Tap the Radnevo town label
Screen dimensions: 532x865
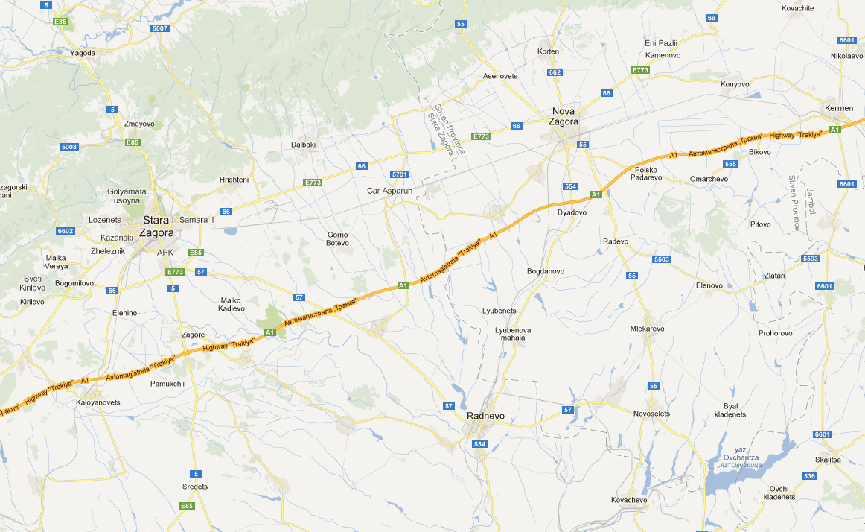click(x=486, y=415)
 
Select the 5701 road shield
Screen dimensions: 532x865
click(x=400, y=174)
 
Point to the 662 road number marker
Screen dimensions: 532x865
click(x=555, y=72)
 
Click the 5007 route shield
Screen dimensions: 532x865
click(x=159, y=28)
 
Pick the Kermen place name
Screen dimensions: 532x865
click(x=839, y=109)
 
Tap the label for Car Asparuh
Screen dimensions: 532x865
click(x=389, y=191)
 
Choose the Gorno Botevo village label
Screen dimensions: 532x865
click(x=337, y=239)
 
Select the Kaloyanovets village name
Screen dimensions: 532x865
click(x=98, y=402)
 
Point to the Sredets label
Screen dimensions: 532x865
click(x=195, y=487)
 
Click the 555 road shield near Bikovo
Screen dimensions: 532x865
click(x=730, y=164)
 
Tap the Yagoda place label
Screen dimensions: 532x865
click(x=83, y=53)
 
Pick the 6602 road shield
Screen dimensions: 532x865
click(x=66, y=231)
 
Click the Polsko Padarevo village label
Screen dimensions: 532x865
click(x=645, y=174)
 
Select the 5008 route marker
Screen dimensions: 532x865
click(x=69, y=147)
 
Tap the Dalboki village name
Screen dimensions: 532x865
click(x=303, y=145)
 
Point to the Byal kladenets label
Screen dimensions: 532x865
click(x=730, y=410)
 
